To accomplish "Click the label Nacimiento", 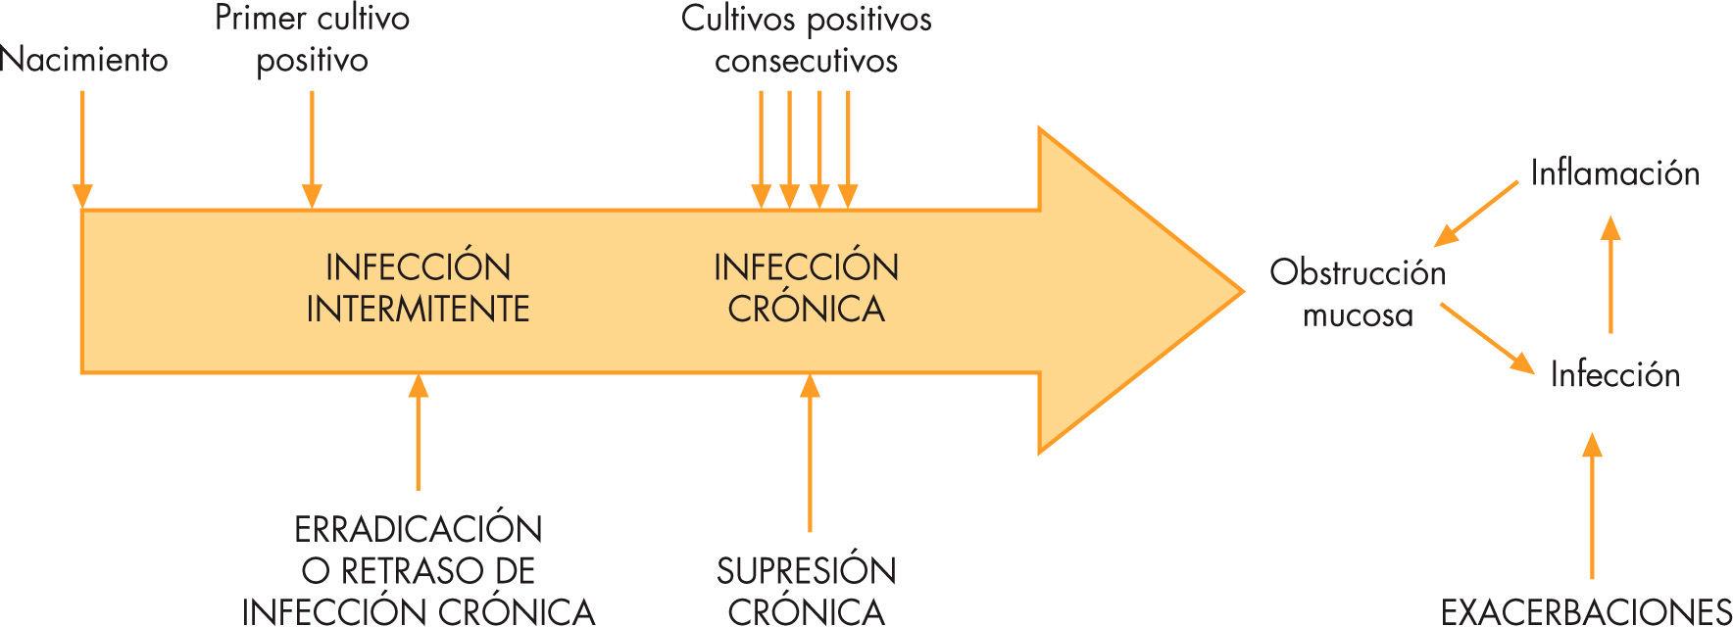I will point(84,60).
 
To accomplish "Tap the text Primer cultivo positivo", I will point(312,39).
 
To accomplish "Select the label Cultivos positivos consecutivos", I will point(806,39).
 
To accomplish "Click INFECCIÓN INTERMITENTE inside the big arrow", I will point(418,288).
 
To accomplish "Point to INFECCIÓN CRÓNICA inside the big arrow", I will point(806,288).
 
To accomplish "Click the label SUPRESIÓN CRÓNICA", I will point(806,590).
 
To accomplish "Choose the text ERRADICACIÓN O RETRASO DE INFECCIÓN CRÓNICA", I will point(418,569).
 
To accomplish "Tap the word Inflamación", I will point(1614,173).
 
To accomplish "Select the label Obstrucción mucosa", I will point(1358,293).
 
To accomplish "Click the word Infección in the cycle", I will point(1614,374).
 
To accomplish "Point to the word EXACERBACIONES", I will point(1586,610).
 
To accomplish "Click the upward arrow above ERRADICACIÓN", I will point(419,431).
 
